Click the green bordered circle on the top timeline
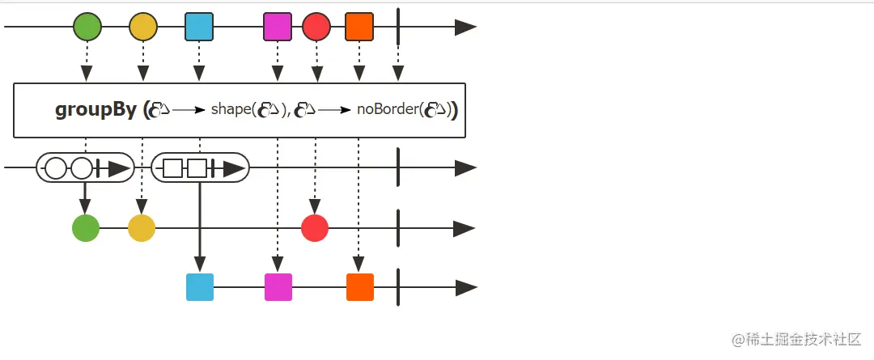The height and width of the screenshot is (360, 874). pyautogui.click(x=87, y=27)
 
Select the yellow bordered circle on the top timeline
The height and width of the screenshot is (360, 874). pyautogui.click(x=143, y=27)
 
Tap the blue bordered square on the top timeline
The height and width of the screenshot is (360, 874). pyautogui.click(x=199, y=27)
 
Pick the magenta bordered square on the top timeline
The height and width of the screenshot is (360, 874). pyautogui.click(x=278, y=27)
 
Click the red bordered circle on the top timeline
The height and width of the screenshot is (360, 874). pyautogui.click(x=316, y=27)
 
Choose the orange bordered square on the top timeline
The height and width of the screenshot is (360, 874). pyautogui.click(x=359, y=27)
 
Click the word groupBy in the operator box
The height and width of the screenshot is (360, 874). pyautogui.click(x=95, y=110)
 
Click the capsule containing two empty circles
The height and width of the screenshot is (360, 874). pyautogui.click(x=85, y=168)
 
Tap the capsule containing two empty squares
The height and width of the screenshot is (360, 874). pyautogui.click(x=200, y=168)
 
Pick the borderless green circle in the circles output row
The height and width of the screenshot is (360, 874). pyautogui.click(x=86, y=228)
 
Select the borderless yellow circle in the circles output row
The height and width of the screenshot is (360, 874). pyautogui.click(x=142, y=228)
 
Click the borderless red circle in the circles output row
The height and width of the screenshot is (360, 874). pyautogui.click(x=315, y=228)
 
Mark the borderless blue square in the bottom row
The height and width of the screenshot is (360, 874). pyautogui.click(x=200, y=287)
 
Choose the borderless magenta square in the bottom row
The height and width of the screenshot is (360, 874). pyautogui.click(x=278, y=287)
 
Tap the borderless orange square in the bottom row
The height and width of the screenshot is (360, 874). pyautogui.click(x=360, y=287)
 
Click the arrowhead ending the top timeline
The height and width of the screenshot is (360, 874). pyautogui.click(x=465, y=27)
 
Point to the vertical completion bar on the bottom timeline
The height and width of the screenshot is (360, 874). pyautogui.click(x=398, y=287)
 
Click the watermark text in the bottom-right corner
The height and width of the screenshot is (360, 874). pyautogui.click(x=796, y=340)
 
